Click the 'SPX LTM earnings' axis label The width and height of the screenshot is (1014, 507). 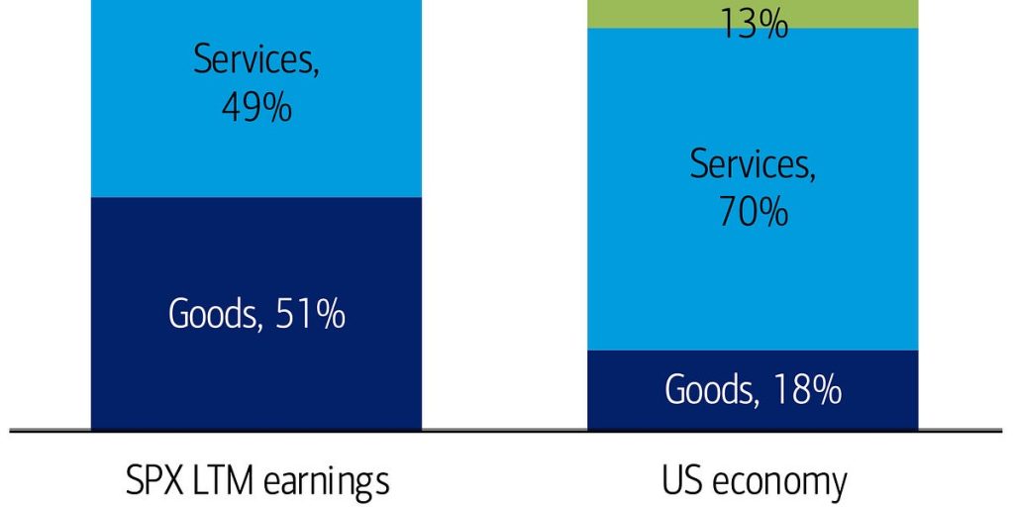[256, 482]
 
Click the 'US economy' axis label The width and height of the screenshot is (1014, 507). [754, 482]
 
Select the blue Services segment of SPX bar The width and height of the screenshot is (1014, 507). [256, 149]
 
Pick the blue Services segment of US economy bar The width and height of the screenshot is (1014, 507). [754, 277]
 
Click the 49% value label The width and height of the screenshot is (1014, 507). [256, 106]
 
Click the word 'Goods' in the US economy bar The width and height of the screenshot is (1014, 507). [707, 390]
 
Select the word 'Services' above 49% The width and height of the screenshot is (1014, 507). [256, 60]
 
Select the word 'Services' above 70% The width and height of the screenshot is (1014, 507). [754, 163]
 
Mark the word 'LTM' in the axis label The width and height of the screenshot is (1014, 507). [223, 481]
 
